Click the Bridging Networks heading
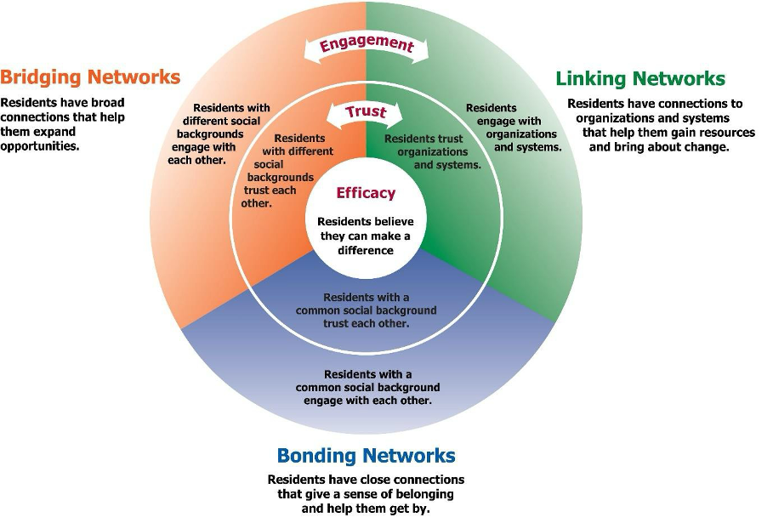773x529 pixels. (x=90, y=77)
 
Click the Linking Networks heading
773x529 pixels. (x=639, y=79)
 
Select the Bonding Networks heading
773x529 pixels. (x=366, y=455)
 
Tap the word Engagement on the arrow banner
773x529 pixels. (x=366, y=45)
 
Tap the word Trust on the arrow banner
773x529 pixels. (x=366, y=112)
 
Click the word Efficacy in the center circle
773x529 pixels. (x=366, y=193)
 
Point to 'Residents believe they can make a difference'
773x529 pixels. (x=366, y=236)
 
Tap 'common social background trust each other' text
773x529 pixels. (x=366, y=310)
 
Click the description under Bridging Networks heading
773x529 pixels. (x=64, y=123)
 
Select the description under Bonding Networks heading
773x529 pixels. (x=366, y=494)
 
